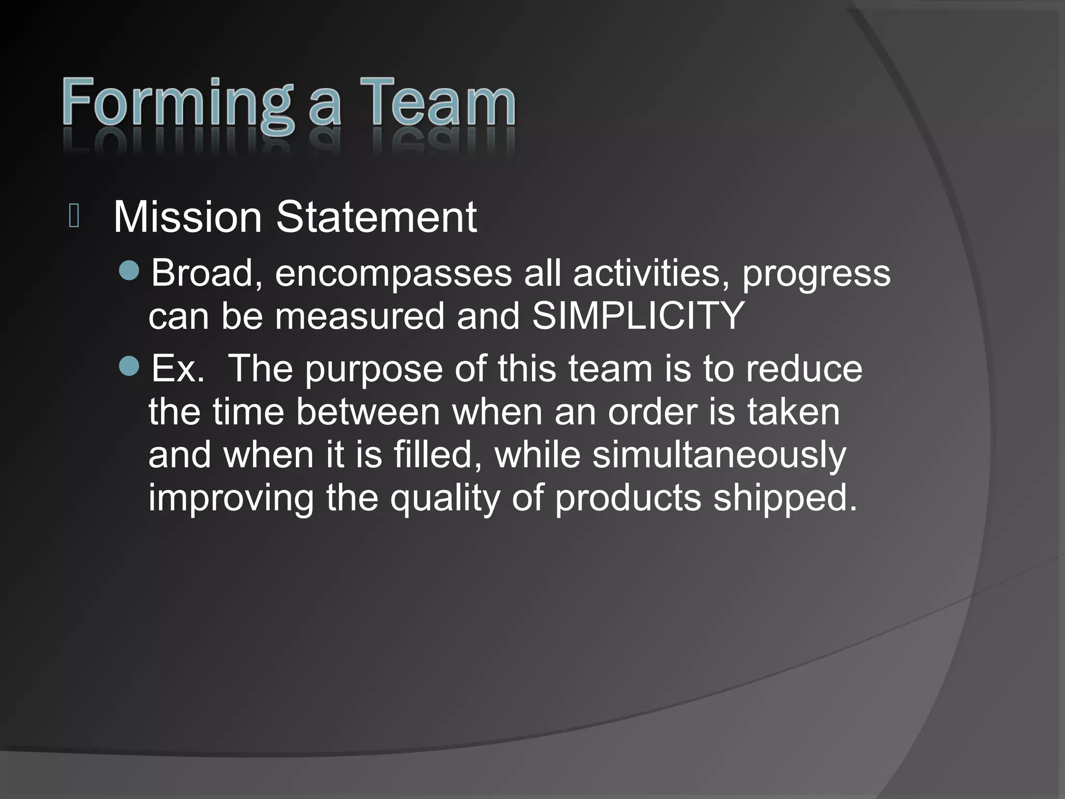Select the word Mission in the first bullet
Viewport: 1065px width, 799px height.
[187, 217]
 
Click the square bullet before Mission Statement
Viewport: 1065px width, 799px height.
[73, 216]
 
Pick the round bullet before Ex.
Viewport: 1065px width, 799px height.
[129, 366]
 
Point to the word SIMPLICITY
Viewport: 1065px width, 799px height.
[638, 316]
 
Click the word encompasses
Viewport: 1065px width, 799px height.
[393, 273]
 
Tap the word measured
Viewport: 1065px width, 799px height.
[359, 316]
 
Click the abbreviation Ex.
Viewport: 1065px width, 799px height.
[177, 368]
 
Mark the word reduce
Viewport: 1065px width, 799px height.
[804, 368]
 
